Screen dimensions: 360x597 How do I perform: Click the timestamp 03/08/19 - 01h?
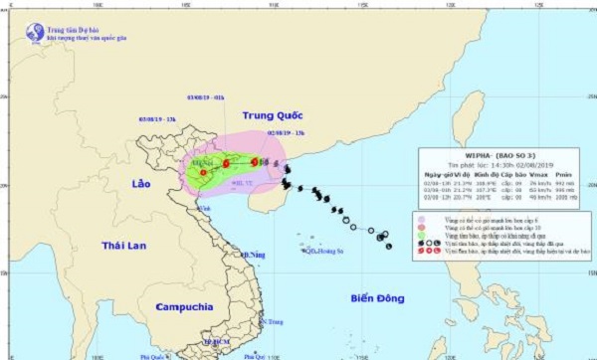click(x=206, y=97)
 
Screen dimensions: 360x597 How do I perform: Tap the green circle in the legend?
click(x=424, y=231)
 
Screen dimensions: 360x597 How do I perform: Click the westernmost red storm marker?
click(x=203, y=172)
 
